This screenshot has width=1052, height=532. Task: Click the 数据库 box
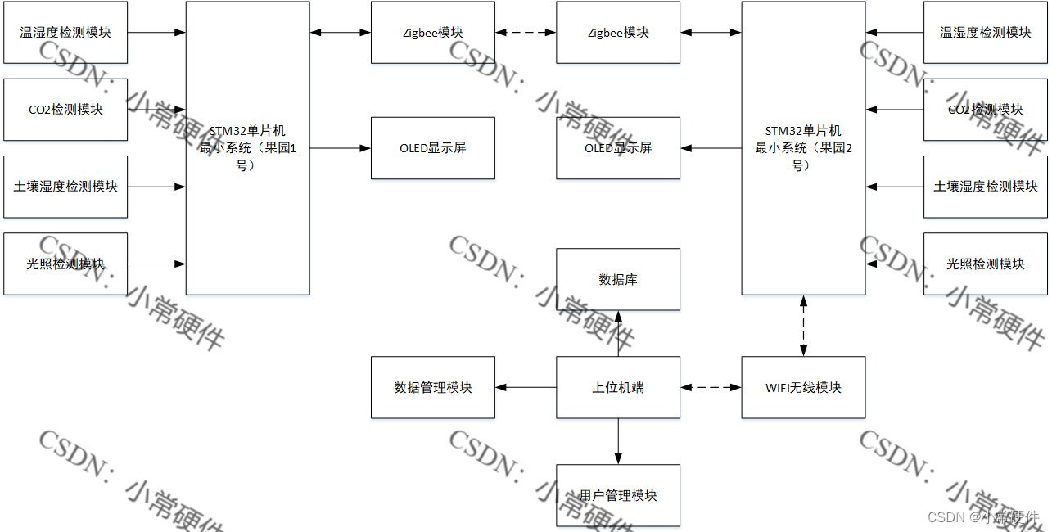(618, 280)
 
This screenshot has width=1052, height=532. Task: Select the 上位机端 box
(618, 387)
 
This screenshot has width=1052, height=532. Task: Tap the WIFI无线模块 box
(803, 387)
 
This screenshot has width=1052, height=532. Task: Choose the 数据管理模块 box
(432, 387)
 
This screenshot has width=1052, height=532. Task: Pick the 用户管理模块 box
(618, 495)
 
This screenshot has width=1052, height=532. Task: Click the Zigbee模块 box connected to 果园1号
(432, 33)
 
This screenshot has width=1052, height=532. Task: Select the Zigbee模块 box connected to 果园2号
(618, 33)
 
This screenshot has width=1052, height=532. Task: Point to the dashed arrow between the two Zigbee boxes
(526, 33)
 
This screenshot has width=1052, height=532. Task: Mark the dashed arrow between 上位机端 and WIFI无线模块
(711, 387)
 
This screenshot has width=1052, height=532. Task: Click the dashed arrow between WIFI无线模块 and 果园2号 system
(803, 326)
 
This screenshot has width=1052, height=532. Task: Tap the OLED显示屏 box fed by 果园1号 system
(432, 148)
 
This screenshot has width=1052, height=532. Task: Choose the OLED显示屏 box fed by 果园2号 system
(618, 148)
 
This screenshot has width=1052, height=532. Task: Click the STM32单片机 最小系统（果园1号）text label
(247, 148)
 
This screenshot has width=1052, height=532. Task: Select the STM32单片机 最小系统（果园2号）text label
(803, 148)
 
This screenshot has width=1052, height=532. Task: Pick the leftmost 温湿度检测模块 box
(65, 33)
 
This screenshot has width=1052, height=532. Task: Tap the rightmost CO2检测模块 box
(986, 110)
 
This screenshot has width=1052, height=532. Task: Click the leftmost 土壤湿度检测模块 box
(65, 187)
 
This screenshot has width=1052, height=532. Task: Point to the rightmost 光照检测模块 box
(986, 264)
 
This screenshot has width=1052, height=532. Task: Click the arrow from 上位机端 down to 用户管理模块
(618, 441)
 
